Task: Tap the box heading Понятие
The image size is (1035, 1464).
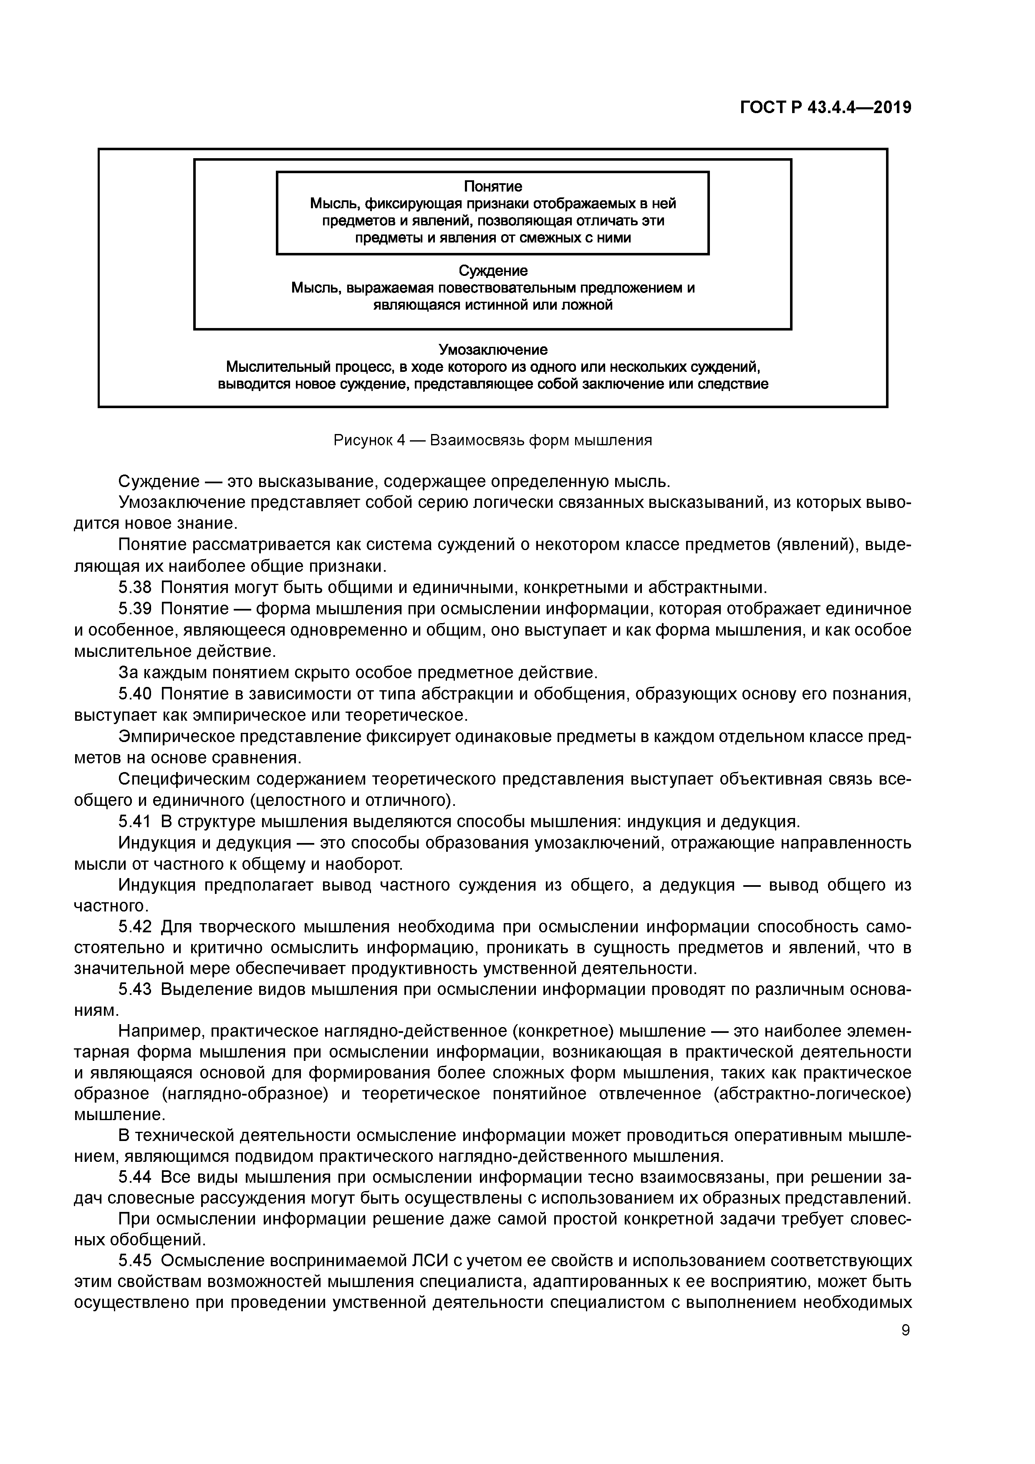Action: pos(492,186)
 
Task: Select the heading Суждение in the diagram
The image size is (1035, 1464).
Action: pos(493,271)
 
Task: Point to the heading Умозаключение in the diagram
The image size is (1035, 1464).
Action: pos(493,350)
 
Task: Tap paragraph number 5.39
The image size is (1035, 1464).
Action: pos(135,609)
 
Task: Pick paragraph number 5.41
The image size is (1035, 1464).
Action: pos(135,821)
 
